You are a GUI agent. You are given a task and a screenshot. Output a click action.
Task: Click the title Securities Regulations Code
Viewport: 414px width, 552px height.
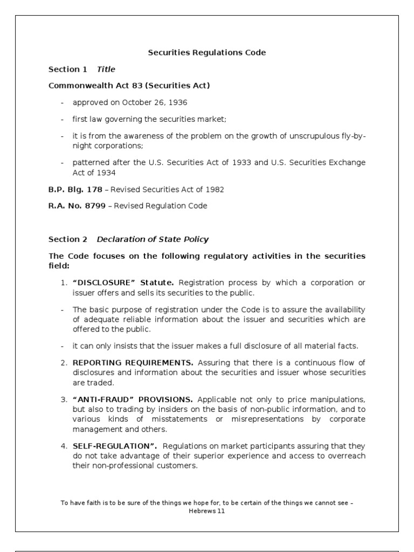(207, 53)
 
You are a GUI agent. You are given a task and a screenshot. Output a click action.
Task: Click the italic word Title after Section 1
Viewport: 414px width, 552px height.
(106, 69)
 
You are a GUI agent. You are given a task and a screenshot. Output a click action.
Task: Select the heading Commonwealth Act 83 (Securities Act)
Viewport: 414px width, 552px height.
(129, 86)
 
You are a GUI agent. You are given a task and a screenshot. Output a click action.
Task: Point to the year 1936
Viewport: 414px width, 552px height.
(177, 102)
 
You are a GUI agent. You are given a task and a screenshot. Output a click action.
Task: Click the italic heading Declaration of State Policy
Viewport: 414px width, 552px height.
(153, 239)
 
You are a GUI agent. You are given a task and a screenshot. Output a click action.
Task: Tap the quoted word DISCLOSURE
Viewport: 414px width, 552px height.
(106, 282)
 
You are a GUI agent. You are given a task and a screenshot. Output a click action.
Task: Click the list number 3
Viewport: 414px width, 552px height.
(63, 399)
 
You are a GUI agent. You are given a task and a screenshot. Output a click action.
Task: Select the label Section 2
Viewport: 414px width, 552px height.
(67, 239)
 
